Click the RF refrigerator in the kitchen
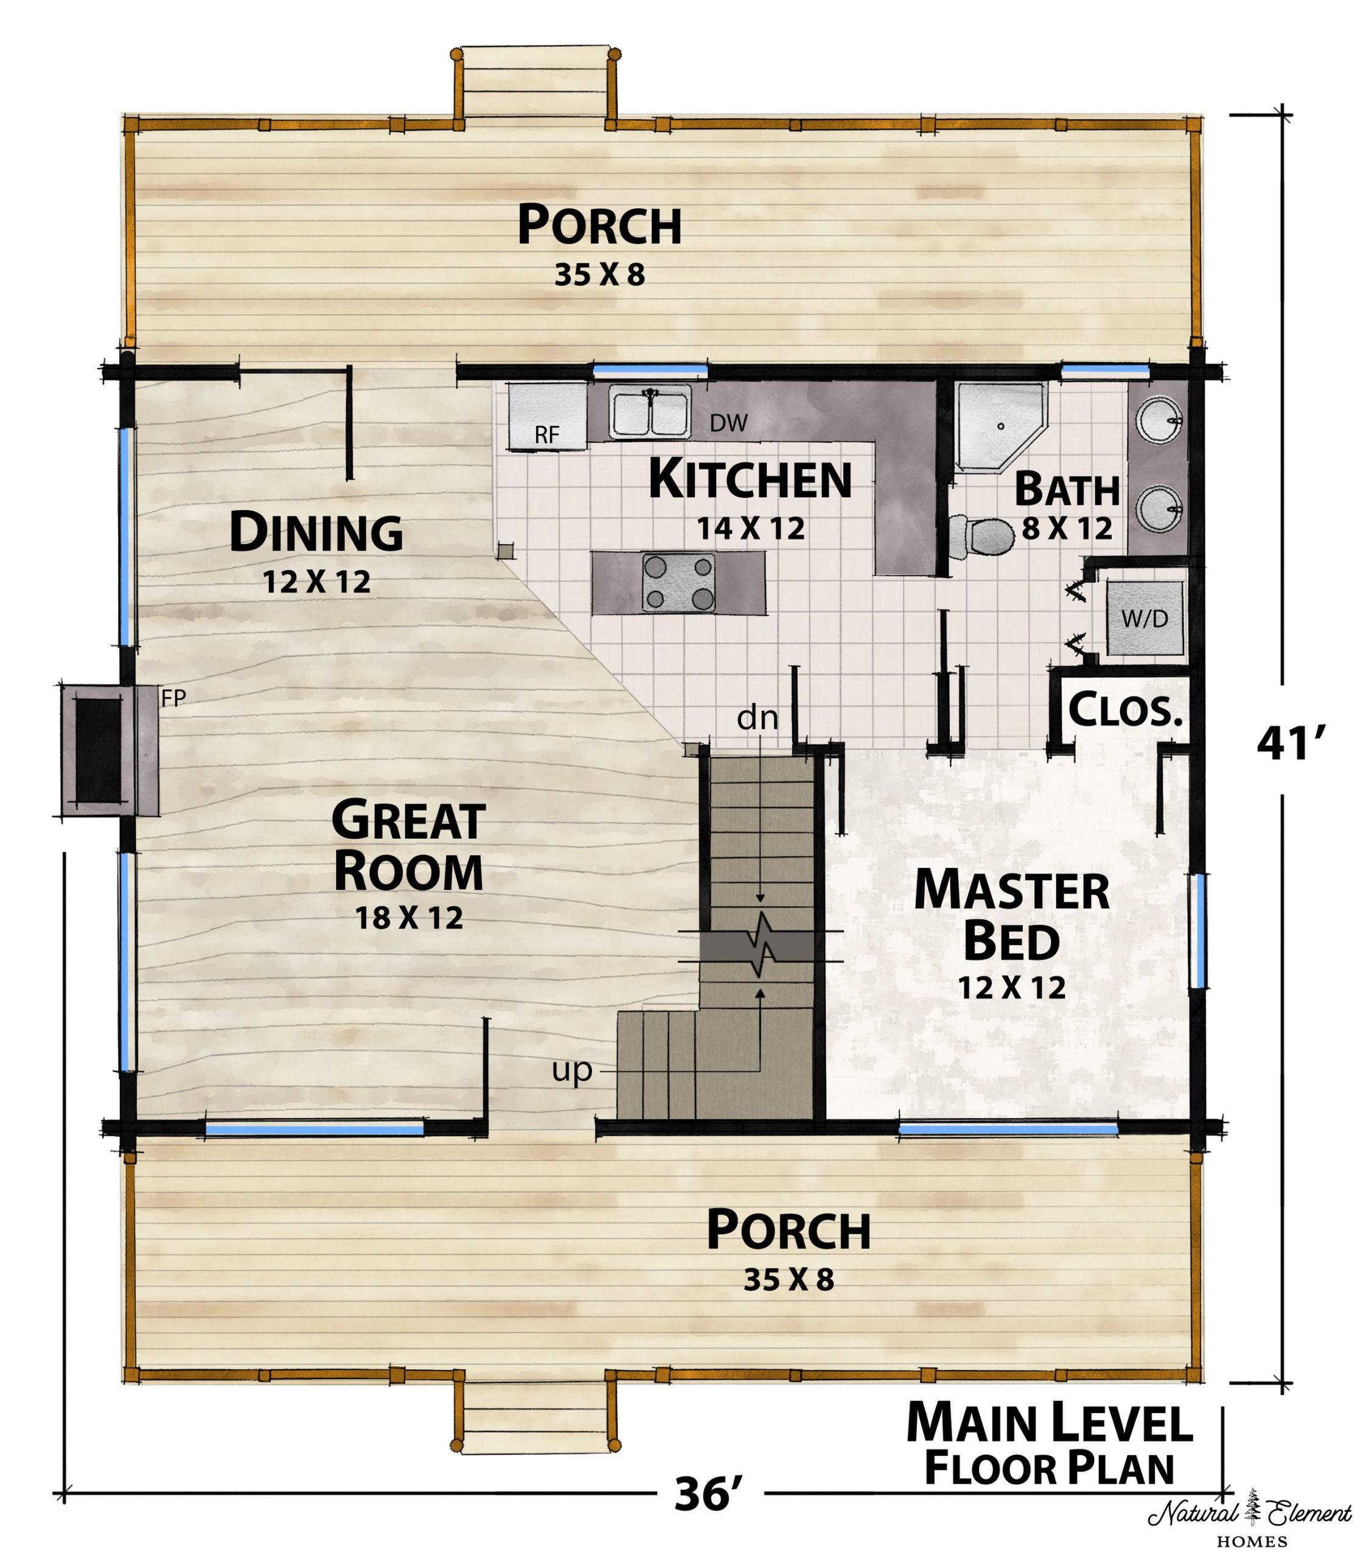pyautogui.click(x=548, y=417)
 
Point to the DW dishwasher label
pyautogui.click(x=729, y=423)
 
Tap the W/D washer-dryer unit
pyautogui.click(x=1145, y=618)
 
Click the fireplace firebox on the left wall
pyautogui.click(x=98, y=750)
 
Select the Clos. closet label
pyautogui.click(x=1126, y=709)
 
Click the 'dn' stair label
pyautogui.click(x=758, y=718)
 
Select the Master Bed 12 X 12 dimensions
pyautogui.click(x=1011, y=987)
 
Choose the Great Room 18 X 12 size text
pyautogui.click(x=409, y=918)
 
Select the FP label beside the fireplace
pyautogui.click(x=173, y=699)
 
